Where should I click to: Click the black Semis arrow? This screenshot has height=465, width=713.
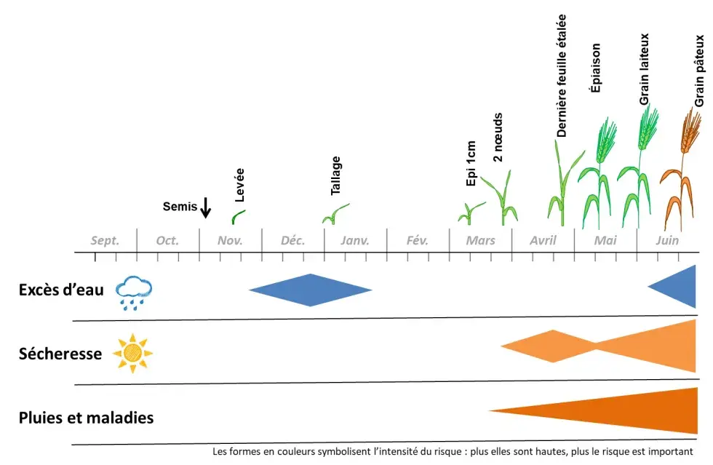pyautogui.click(x=205, y=207)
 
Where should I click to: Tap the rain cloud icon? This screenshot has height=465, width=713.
pyautogui.click(x=135, y=292)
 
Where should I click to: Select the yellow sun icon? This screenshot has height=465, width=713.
pyautogui.click(x=132, y=353)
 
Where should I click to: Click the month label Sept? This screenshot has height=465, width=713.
pyautogui.click(x=105, y=241)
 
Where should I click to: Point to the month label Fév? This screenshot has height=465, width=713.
pyautogui.click(x=417, y=241)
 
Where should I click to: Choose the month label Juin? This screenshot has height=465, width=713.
pyautogui.click(x=666, y=241)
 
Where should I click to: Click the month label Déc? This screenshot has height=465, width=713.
pyautogui.click(x=292, y=241)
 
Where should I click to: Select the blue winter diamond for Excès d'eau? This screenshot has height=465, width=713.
pyautogui.click(x=311, y=290)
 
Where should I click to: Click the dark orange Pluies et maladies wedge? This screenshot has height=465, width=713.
pyautogui.click(x=626, y=411)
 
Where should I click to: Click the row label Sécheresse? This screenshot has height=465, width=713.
pyautogui.click(x=60, y=354)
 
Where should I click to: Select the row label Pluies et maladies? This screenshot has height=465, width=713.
pyautogui.click(x=86, y=418)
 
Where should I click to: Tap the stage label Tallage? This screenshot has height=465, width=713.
pyautogui.click(x=335, y=175)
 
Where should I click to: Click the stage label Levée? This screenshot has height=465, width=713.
pyautogui.click(x=240, y=185)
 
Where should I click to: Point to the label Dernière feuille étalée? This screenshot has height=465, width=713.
pyautogui.click(x=562, y=76)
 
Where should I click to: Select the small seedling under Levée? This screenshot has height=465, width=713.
pyautogui.click(x=238, y=216)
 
